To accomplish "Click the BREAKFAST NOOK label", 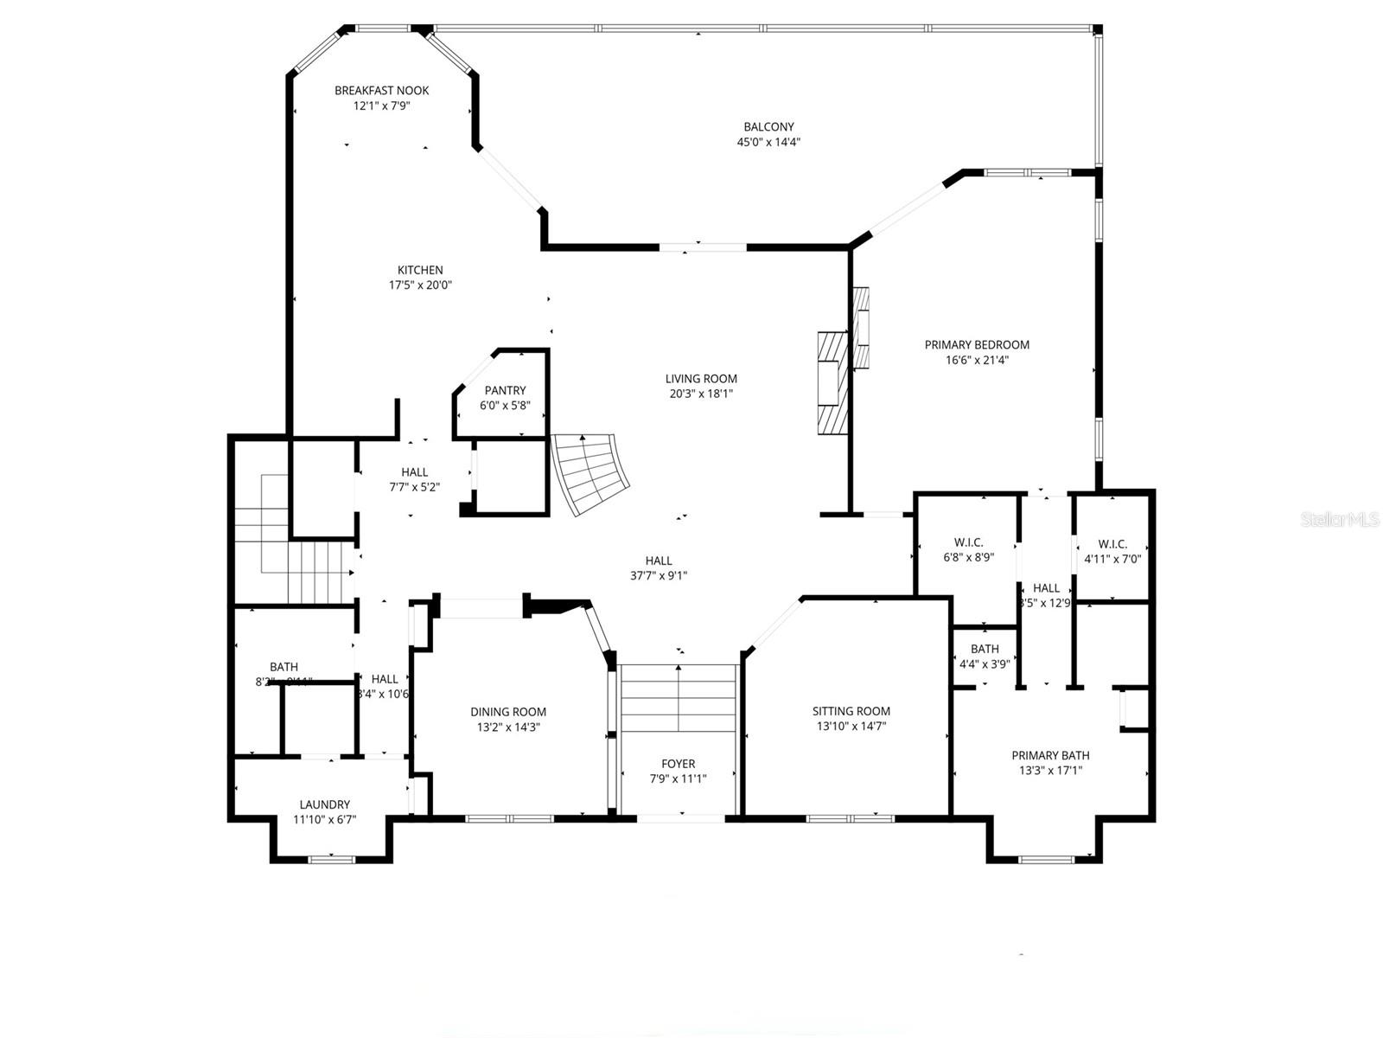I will tap(381, 90).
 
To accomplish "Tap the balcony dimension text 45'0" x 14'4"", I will tap(768, 143).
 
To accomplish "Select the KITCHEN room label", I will tap(420, 270).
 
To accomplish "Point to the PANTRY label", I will tap(505, 391).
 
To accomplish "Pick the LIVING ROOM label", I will tap(701, 378).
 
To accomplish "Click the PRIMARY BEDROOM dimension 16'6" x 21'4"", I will tap(977, 360).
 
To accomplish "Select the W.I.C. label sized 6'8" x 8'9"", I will tap(968, 542).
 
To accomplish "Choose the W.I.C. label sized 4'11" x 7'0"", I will tap(1112, 544).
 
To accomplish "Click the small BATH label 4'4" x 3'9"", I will tap(985, 649).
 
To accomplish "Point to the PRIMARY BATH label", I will tap(1050, 755).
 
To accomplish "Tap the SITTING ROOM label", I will tap(851, 711).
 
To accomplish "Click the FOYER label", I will tap(678, 764).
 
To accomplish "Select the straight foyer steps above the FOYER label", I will tap(679, 697).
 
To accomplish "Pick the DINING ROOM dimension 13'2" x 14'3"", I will tap(508, 727).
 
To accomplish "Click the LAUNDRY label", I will tap(324, 804).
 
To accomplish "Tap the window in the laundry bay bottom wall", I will tap(332, 859).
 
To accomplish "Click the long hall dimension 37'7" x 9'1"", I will tap(659, 575).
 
